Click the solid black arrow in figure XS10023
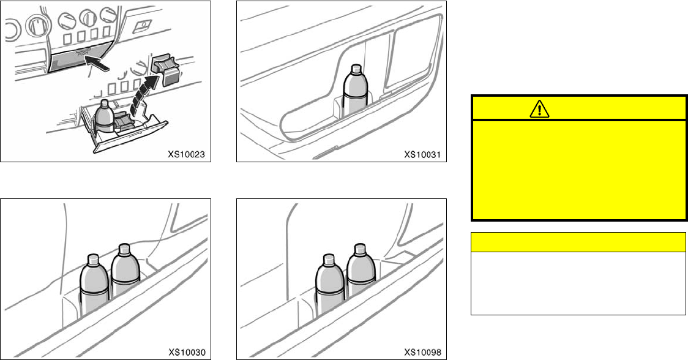click(98, 60)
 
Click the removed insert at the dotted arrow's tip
click(165, 67)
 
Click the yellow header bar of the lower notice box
click(577, 242)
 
